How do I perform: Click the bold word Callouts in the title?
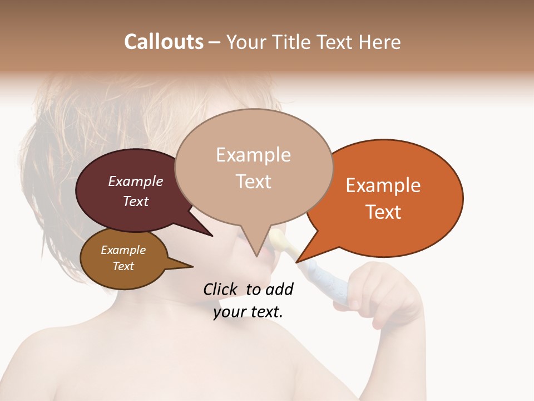(164, 42)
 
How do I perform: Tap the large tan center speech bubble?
(253, 167)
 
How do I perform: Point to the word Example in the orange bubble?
(383, 185)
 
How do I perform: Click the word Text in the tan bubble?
(253, 182)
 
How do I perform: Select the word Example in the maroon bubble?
(135, 181)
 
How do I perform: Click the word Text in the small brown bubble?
(123, 266)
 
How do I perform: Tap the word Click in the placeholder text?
(221, 289)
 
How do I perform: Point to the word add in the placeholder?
(279, 289)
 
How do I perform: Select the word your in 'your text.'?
(229, 311)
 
